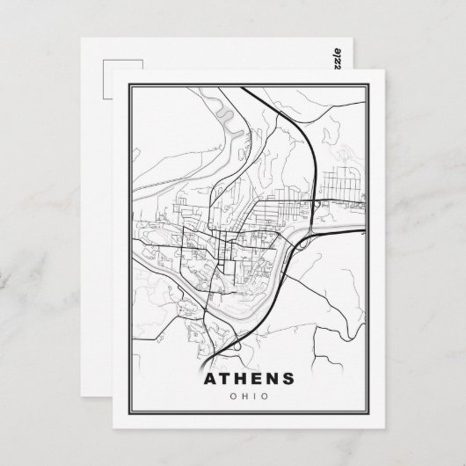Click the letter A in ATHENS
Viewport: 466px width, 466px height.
click(x=210, y=381)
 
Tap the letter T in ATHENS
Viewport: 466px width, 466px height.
click(x=229, y=381)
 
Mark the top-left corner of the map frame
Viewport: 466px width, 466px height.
click(x=130, y=84)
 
